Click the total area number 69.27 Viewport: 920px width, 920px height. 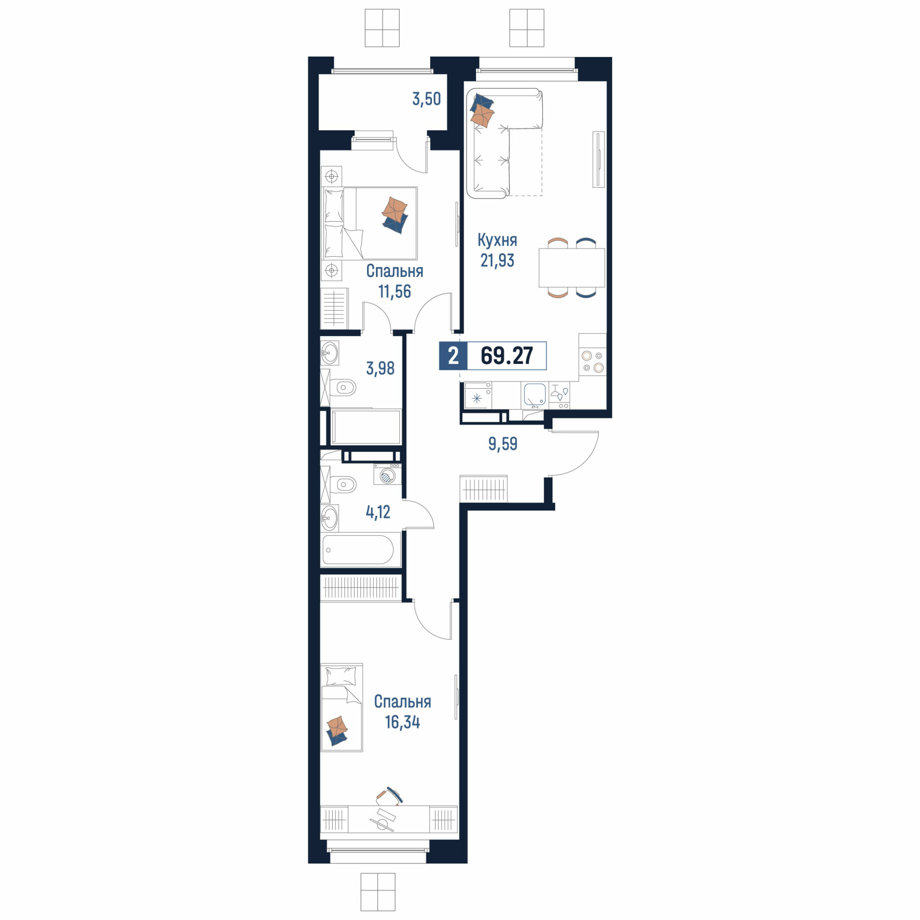click(506, 356)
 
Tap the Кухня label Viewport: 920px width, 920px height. click(497, 241)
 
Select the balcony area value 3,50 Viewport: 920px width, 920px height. click(426, 99)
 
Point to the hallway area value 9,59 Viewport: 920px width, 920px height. click(503, 444)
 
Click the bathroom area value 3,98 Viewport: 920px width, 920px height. click(380, 368)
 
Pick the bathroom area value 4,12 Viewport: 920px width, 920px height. click(378, 512)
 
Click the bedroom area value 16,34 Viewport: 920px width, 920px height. click(402, 722)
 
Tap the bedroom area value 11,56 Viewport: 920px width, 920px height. click(394, 292)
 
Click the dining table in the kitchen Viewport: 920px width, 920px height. click(571, 268)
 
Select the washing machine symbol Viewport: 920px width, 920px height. click(387, 474)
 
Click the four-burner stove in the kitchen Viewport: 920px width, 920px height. click(592, 361)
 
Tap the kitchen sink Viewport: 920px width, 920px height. click(535, 396)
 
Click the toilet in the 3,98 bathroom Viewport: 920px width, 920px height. click(343, 388)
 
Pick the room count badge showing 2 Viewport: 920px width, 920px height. click(453, 356)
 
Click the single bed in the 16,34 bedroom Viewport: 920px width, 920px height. click(342, 707)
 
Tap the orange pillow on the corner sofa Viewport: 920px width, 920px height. click(483, 116)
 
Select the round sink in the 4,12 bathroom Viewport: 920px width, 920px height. click(329, 517)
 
